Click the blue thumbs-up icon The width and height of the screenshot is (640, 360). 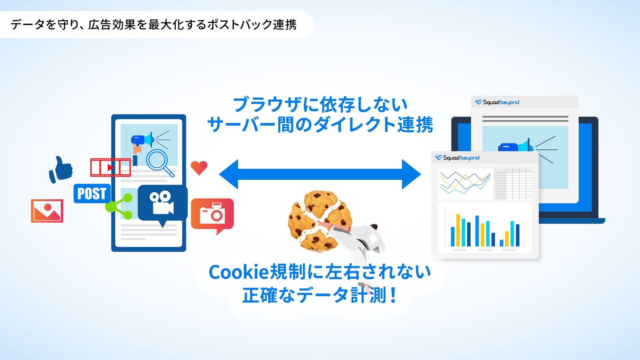tap(61, 169)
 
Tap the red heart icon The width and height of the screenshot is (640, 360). tap(199, 168)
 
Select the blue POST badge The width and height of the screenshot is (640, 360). tap(92, 193)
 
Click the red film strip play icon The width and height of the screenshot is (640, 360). tap(110, 167)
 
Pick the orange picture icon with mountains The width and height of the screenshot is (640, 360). tap(47, 211)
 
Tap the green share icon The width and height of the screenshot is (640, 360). tap(119, 206)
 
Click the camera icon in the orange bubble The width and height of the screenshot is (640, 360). tap(212, 214)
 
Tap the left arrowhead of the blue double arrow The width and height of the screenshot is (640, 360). tap(229, 174)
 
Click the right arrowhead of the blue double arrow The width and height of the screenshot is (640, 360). tap(411, 174)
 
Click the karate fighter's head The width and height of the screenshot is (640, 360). tap(374, 227)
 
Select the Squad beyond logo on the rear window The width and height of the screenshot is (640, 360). tap(497, 102)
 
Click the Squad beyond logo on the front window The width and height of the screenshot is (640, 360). tap(457, 158)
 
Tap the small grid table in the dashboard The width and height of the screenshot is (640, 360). tap(513, 184)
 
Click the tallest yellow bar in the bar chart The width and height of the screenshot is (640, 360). tap(458, 230)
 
